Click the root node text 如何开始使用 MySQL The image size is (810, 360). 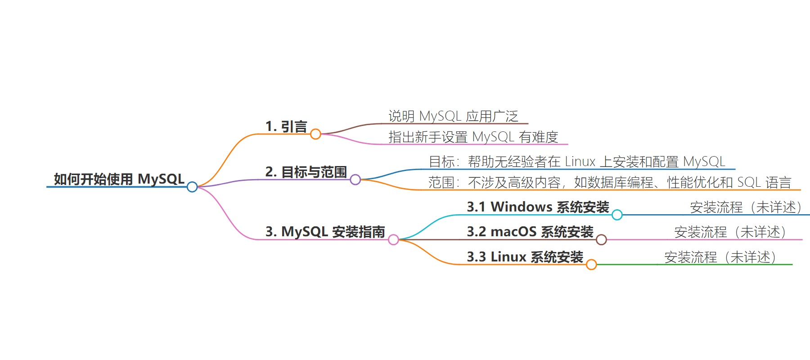tap(119, 179)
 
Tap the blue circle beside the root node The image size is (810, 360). tap(192, 187)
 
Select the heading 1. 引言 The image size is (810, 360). tap(286, 127)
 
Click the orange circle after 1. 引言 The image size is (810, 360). tap(316, 134)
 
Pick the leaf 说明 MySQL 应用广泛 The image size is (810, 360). tap(454, 116)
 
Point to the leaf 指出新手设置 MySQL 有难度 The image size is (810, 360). tap(473, 137)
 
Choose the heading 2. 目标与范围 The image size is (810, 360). tap(306, 172)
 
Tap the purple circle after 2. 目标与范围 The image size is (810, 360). tap(355, 180)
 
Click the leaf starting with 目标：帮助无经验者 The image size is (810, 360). tap(577, 162)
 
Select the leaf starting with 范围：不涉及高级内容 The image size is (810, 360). tap(610, 182)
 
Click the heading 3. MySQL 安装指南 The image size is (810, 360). tap(325, 232)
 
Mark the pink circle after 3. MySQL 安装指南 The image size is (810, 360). tap(393, 239)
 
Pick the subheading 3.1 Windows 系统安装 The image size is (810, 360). tap(538, 207)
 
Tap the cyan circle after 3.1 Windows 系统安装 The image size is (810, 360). tap(617, 215)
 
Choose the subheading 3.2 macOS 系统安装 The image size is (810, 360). tap(530, 232)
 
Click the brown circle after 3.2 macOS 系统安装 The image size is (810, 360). tap(601, 239)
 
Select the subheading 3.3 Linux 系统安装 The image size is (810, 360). tap(525, 257)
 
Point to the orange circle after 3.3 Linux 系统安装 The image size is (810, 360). tap(592, 265)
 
